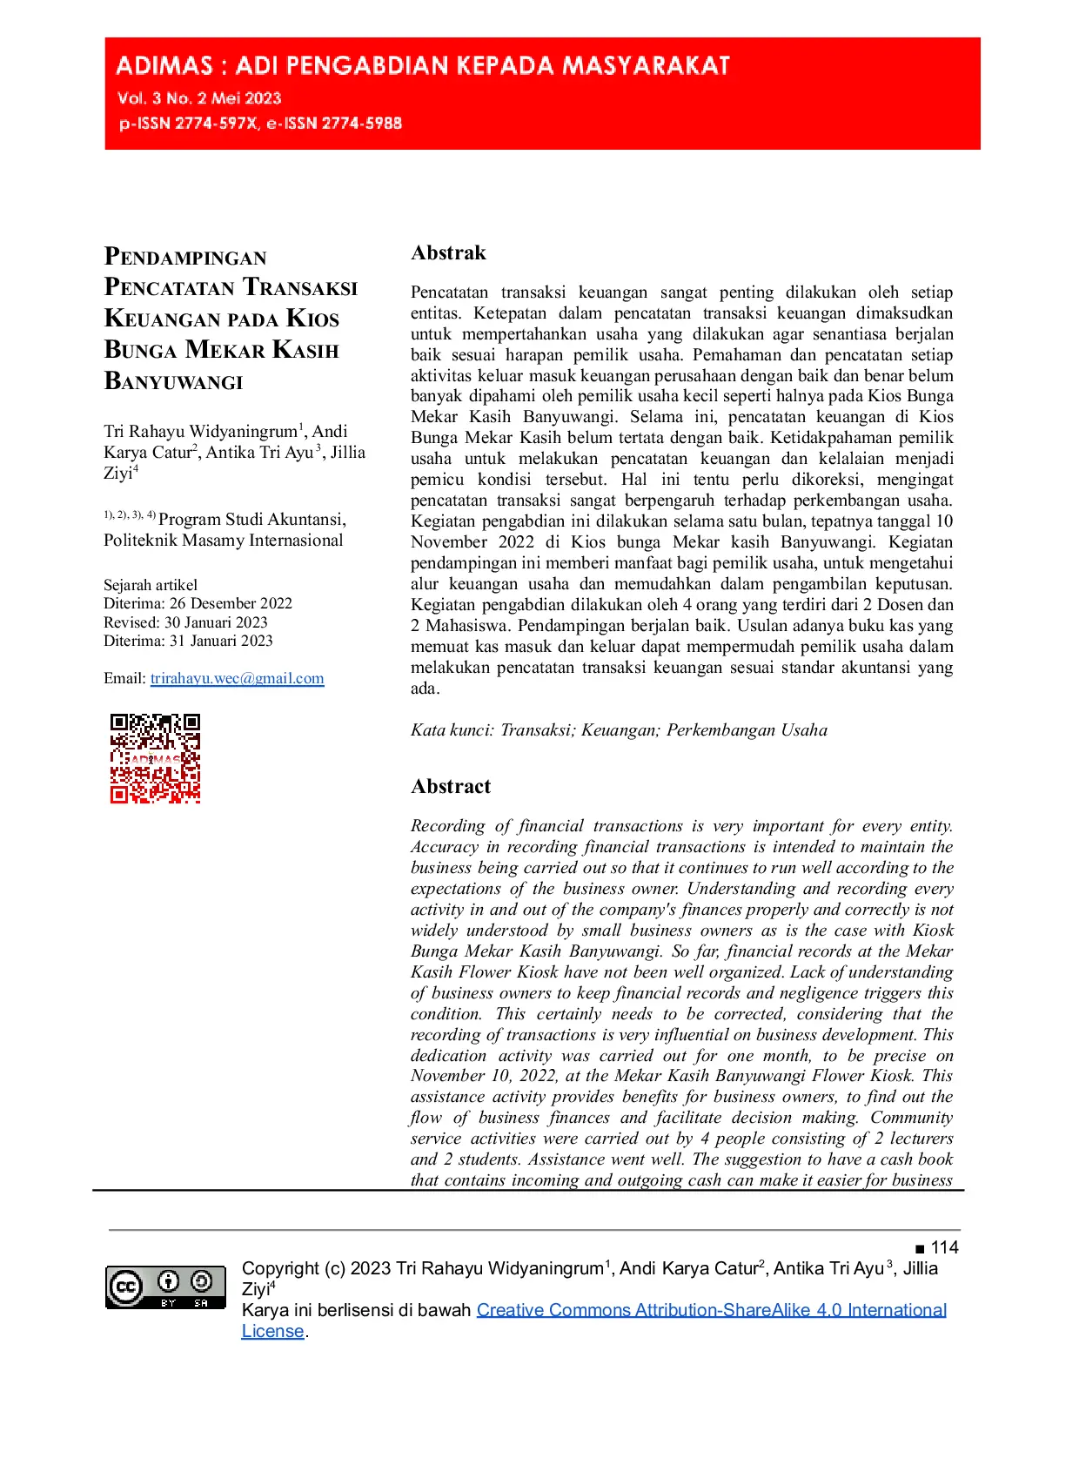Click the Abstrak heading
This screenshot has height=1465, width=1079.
448,252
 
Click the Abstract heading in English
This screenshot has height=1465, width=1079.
451,786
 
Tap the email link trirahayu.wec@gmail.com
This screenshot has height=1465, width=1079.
237,678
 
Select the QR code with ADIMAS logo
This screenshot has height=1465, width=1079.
155,758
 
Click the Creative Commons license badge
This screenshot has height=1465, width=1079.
165,1287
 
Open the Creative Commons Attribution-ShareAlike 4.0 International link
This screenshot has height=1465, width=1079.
711,1310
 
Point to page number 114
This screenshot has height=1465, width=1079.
944,1247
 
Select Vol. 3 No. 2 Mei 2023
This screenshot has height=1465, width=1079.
199,98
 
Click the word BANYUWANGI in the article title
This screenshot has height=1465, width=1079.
174,381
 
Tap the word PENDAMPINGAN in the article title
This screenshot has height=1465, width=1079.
185,257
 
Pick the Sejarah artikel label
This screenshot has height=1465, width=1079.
151,585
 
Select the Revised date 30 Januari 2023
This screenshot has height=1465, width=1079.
216,622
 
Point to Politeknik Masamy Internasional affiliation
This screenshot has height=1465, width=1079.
224,540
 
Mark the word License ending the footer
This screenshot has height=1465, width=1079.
272,1331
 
